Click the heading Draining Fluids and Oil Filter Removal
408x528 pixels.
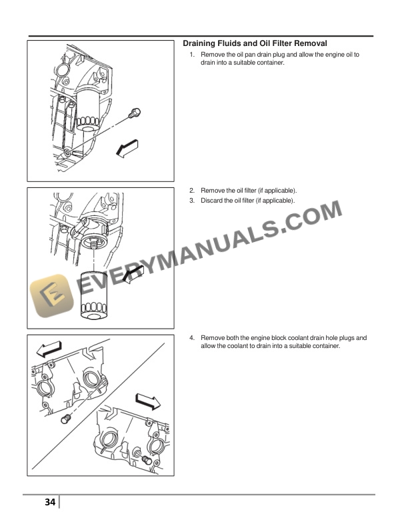point(255,43)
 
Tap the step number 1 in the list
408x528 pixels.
point(191,55)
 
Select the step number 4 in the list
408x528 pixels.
point(191,338)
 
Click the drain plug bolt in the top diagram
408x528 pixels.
point(134,113)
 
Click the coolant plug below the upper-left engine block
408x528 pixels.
point(65,418)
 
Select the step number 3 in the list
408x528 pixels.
point(191,200)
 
